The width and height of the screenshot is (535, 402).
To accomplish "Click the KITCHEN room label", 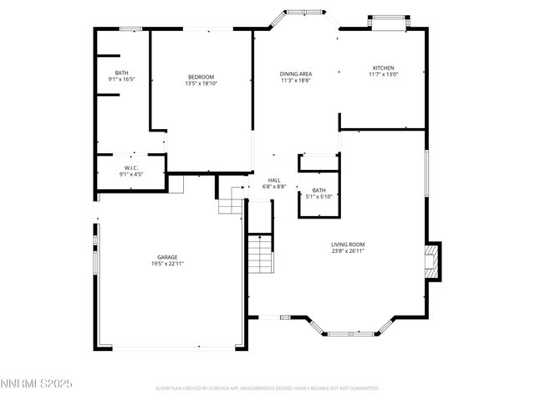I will click(383, 68).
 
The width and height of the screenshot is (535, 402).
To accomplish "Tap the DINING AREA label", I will click(295, 74).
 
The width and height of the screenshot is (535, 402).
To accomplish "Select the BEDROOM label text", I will click(201, 76).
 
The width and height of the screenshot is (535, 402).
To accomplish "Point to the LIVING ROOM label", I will click(347, 245).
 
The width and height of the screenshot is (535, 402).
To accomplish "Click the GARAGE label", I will click(167, 257).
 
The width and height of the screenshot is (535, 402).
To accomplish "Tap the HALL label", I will click(274, 180).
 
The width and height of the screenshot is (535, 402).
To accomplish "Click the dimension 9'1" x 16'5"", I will click(122, 80).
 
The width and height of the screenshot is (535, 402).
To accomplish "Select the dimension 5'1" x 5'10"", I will click(318, 197).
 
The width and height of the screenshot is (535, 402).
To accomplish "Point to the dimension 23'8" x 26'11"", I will click(347, 251).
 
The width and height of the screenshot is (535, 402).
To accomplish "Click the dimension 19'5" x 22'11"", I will click(167, 264).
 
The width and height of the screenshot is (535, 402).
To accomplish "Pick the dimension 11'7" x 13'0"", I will click(383, 75).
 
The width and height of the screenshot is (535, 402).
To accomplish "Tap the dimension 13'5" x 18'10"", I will click(201, 83).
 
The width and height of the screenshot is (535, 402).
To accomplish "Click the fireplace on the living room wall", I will click(432, 261).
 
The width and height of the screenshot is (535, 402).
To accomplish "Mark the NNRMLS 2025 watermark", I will click(37, 383).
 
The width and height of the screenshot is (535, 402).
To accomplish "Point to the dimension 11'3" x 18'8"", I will click(295, 80).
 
